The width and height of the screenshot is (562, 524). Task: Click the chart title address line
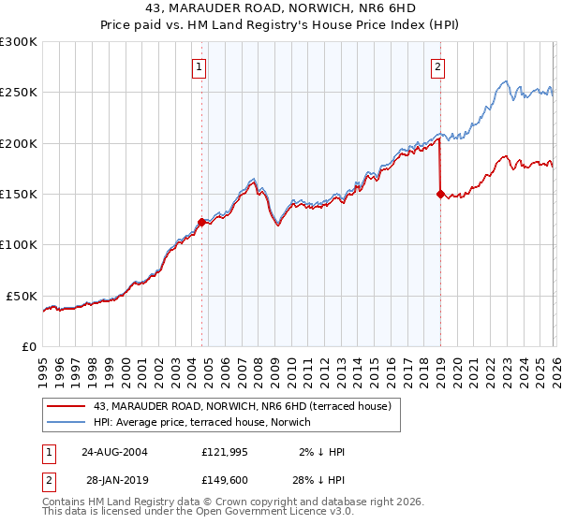(x=281, y=8)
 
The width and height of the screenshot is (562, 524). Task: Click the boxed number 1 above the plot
(x=201, y=66)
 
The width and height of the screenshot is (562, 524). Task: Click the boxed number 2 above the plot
(x=438, y=66)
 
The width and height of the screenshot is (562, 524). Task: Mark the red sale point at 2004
(x=201, y=222)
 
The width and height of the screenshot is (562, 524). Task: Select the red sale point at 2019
(x=440, y=194)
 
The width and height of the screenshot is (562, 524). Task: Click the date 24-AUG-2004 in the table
(x=115, y=451)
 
